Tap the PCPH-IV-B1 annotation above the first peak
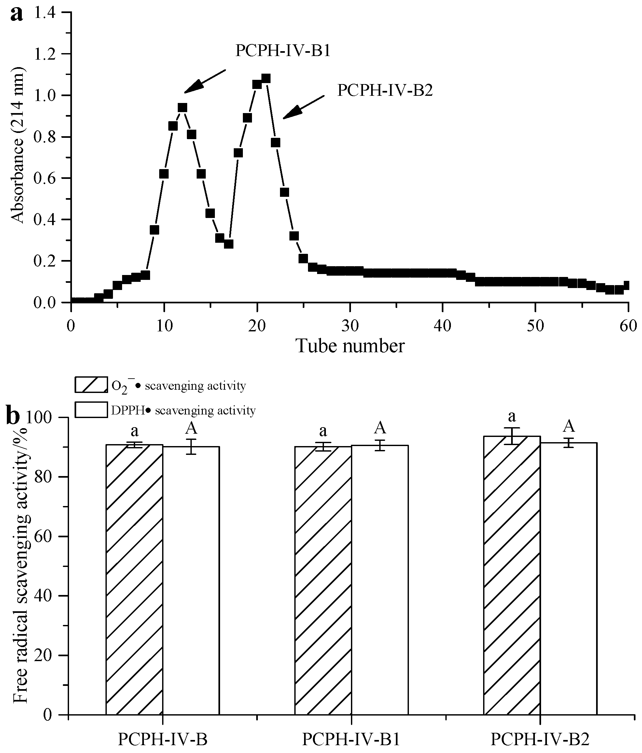pos(283,51)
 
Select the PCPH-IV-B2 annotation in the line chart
pos(385,91)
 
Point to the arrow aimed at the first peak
pos(204,81)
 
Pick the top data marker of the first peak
pos(182,108)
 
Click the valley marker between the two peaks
pos(229,244)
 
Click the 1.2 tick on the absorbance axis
pos(49,54)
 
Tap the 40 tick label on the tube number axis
pos(442,326)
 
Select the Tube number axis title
pos(350,346)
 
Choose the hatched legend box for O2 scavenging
pos(91,385)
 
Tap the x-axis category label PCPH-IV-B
pos(163,739)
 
